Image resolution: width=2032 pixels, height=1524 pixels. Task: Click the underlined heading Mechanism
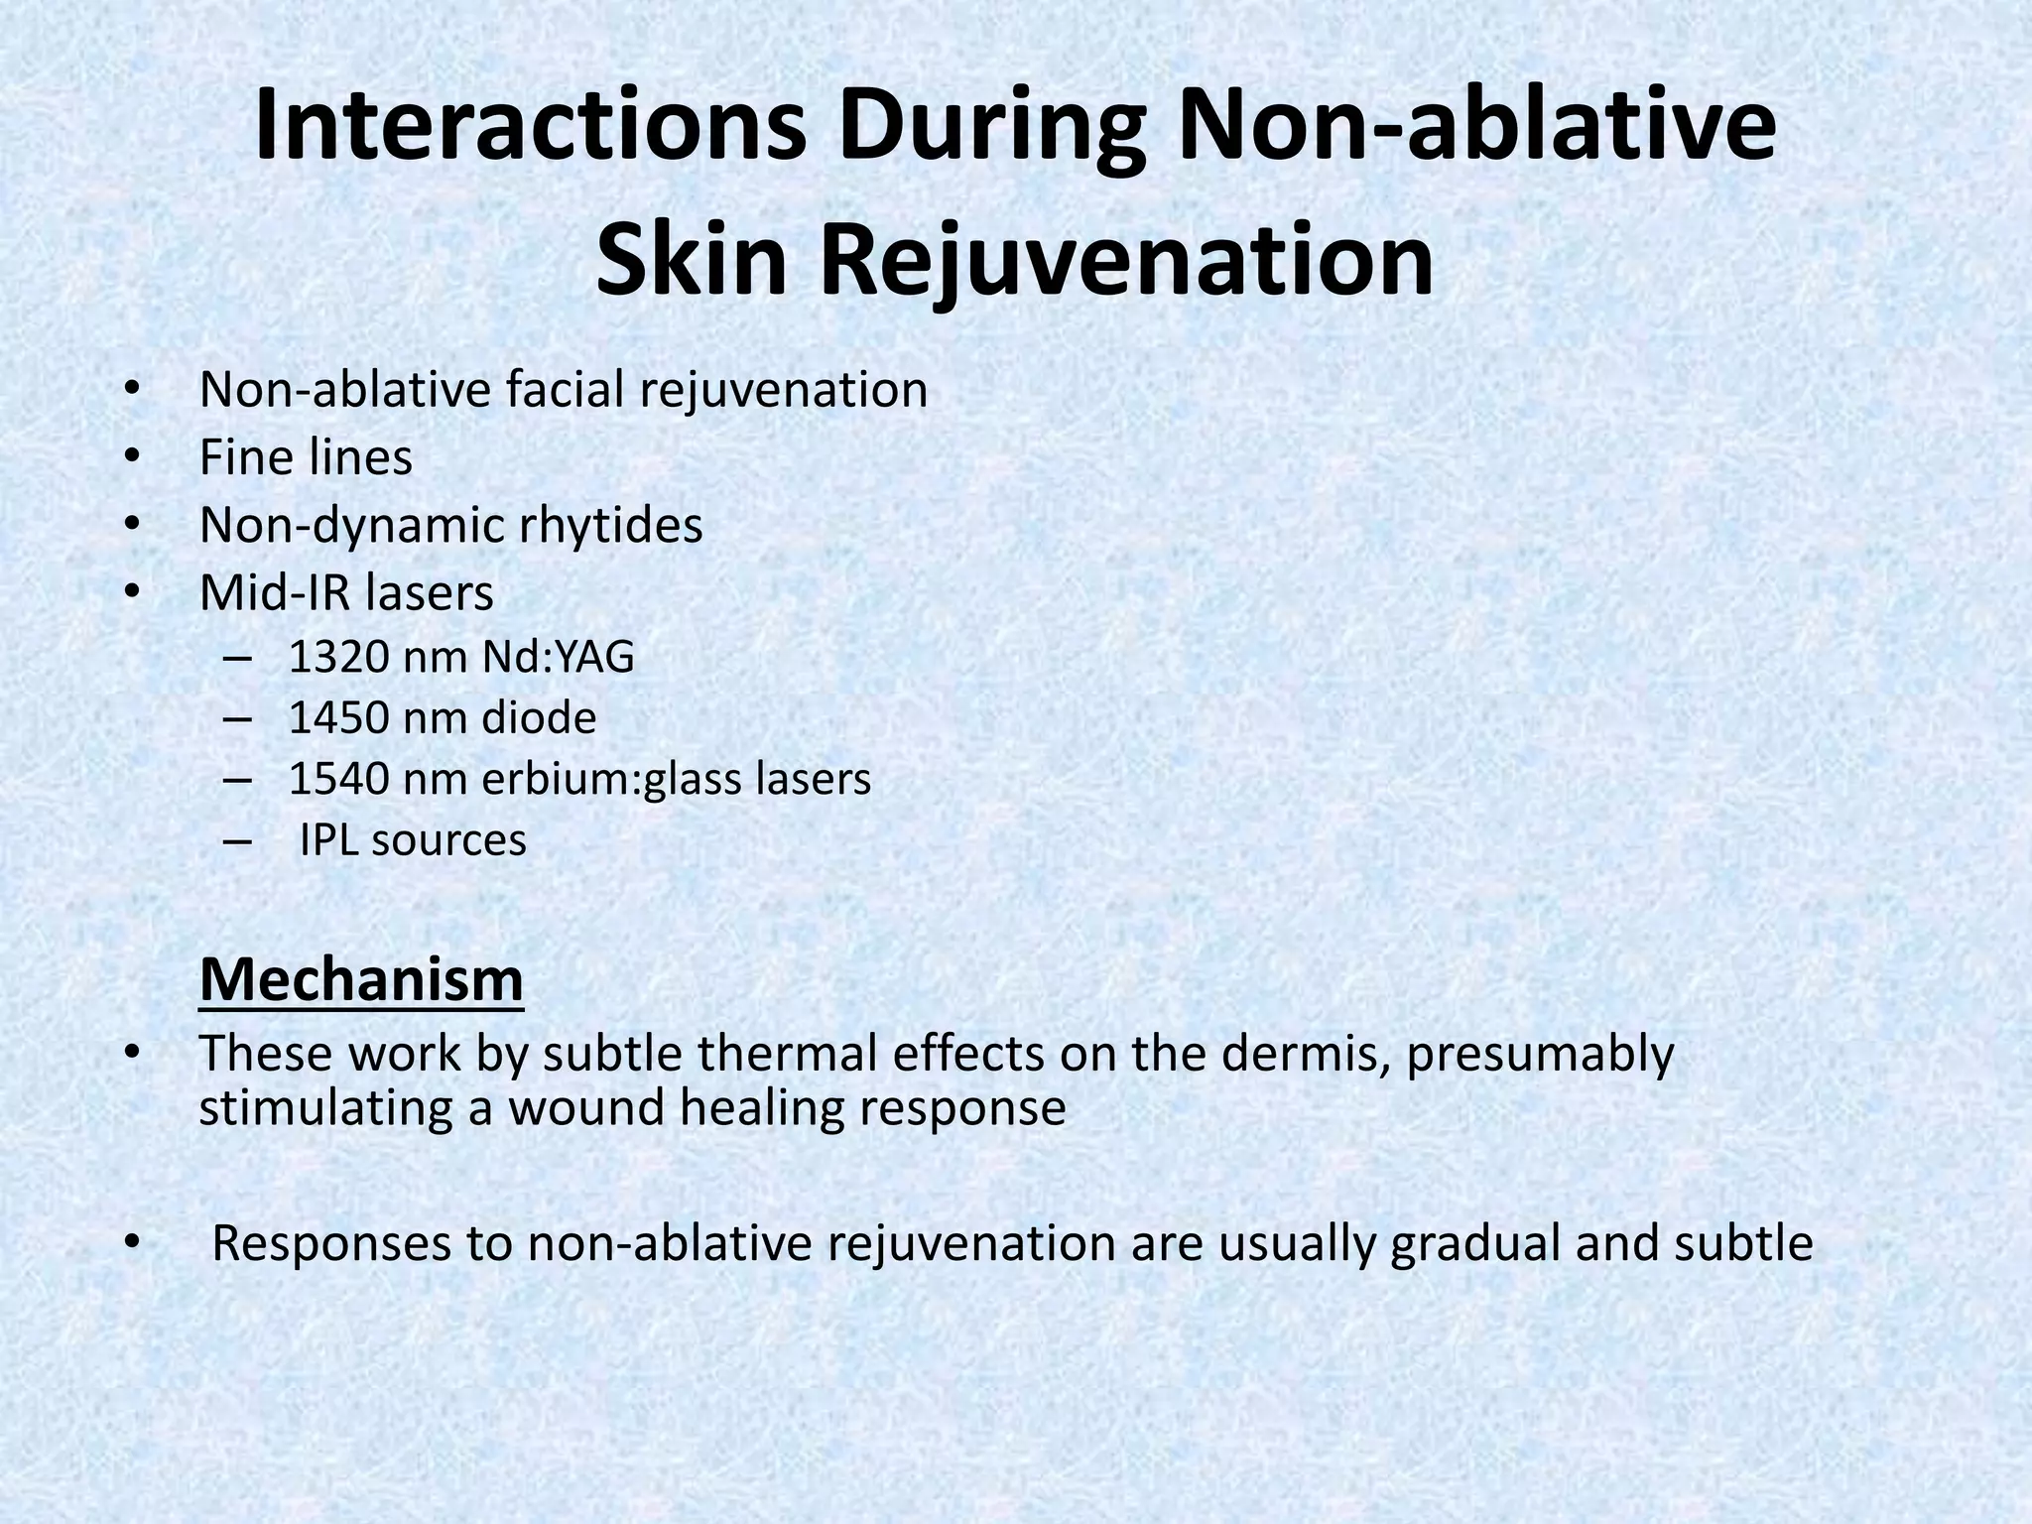[x=361, y=980]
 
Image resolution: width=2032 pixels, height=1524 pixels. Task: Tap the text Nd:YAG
[x=558, y=657]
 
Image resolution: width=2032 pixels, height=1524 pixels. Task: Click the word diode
[x=539, y=718]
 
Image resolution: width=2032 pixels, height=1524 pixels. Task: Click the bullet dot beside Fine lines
[x=133, y=458]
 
